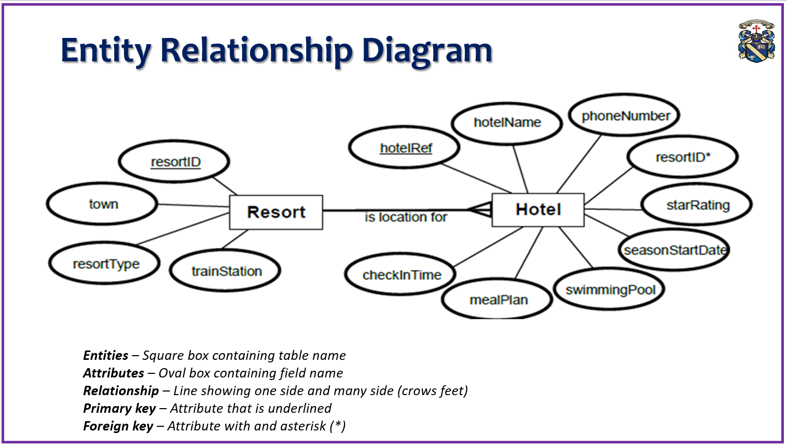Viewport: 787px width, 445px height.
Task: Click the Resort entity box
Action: pyautogui.click(x=276, y=212)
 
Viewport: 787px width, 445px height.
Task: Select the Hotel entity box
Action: pyautogui.click(x=538, y=209)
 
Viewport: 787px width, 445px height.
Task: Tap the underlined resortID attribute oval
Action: pyautogui.click(x=174, y=162)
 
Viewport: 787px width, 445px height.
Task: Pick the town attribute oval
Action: pyautogui.click(x=103, y=204)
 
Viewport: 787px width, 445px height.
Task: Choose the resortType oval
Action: pyautogui.click(x=105, y=264)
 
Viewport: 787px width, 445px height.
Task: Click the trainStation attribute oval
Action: pyautogui.click(x=226, y=271)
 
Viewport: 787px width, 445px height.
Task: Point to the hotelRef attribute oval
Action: pyautogui.click(x=405, y=148)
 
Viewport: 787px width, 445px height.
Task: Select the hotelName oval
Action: pyautogui.click(x=507, y=123)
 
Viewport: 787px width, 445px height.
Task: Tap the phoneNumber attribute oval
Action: pyautogui.click(x=625, y=116)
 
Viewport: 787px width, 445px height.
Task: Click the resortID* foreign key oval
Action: pyautogui.click(x=682, y=157)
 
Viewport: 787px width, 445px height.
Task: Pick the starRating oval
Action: pyautogui.click(x=697, y=205)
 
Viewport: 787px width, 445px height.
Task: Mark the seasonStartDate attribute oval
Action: pyautogui.click(x=674, y=250)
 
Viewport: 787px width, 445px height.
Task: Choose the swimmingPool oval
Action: pyautogui.click(x=610, y=290)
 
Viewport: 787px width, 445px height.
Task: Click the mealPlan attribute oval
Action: pyautogui.click(x=498, y=300)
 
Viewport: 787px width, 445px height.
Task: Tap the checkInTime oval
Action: pyautogui.click(x=401, y=275)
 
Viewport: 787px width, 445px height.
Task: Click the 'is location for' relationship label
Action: pyautogui.click(x=405, y=217)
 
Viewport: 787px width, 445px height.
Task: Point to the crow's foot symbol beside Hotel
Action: pyautogui.click(x=480, y=210)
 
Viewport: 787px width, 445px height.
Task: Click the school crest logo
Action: pyautogui.click(x=756, y=41)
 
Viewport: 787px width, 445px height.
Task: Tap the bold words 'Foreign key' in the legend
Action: pyautogui.click(x=118, y=426)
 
